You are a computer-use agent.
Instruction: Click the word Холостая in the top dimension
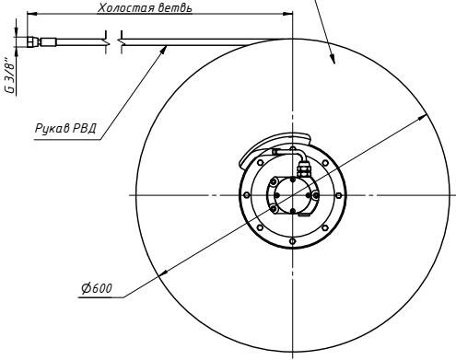click(x=125, y=7)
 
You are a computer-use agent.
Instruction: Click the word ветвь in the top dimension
click(x=174, y=8)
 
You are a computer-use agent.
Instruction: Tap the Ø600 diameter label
click(x=97, y=288)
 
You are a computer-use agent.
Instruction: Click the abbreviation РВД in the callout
click(x=84, y=128)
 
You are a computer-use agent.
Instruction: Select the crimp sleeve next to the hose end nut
click(x=49, y=41)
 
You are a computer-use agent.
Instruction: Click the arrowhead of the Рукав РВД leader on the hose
click(x=165, y=48)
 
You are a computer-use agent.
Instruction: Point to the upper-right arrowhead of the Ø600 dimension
click(x=424, y=116)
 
